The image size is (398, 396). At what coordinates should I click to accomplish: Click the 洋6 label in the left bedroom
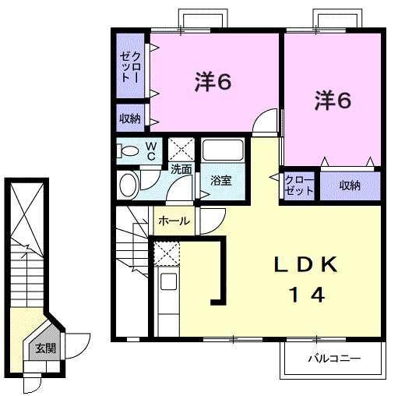pos(212,81)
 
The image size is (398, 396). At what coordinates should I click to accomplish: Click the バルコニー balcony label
pos(333,360)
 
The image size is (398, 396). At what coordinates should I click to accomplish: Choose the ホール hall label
pos(173,221)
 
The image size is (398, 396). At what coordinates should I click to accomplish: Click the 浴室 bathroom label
pos(221,181)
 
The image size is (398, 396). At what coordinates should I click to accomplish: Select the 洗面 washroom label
pos(181,168)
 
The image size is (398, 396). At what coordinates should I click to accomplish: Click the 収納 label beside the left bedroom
pos(130,119)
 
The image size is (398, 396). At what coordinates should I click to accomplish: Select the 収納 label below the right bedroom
pos(350,185)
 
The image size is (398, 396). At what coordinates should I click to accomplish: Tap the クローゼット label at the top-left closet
pos(130,66)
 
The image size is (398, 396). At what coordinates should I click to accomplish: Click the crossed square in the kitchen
pos(167,253)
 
